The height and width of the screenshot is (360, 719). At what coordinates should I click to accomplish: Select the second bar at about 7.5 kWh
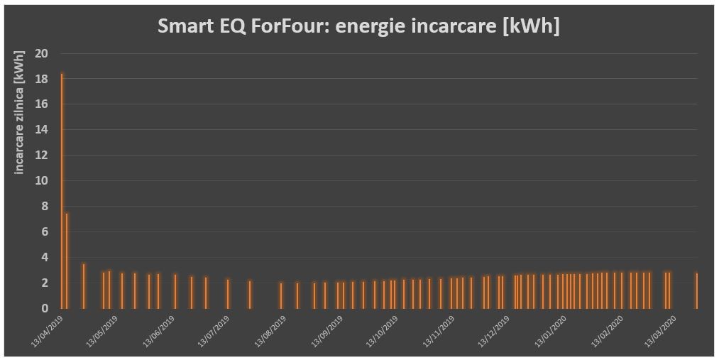67,260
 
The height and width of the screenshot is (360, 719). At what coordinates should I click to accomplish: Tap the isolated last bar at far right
696,290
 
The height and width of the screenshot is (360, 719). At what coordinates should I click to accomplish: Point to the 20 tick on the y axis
43,53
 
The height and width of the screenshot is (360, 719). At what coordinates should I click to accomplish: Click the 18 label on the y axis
43,79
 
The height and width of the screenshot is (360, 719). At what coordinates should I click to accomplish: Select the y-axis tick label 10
43,180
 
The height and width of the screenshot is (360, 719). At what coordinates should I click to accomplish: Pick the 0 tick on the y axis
45,308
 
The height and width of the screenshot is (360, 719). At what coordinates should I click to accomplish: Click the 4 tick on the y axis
45,257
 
